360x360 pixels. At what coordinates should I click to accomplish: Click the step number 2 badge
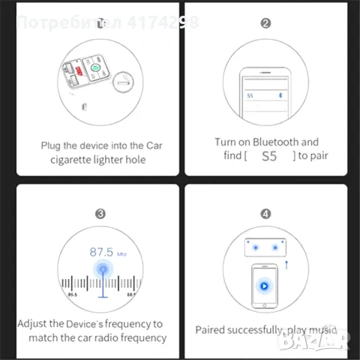click(265, 23)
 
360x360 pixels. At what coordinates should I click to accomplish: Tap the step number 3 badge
click(99, 213)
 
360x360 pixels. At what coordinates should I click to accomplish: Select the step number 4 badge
click(265, 213)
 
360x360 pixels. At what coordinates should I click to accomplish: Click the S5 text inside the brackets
click(268, 156)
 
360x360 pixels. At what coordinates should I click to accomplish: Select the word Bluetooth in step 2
click(277, 142)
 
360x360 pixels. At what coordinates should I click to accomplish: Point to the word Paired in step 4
click(212, 329)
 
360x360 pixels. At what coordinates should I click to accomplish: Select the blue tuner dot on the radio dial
click(99, 270)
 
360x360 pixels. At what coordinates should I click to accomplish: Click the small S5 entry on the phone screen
click(250, 96)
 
